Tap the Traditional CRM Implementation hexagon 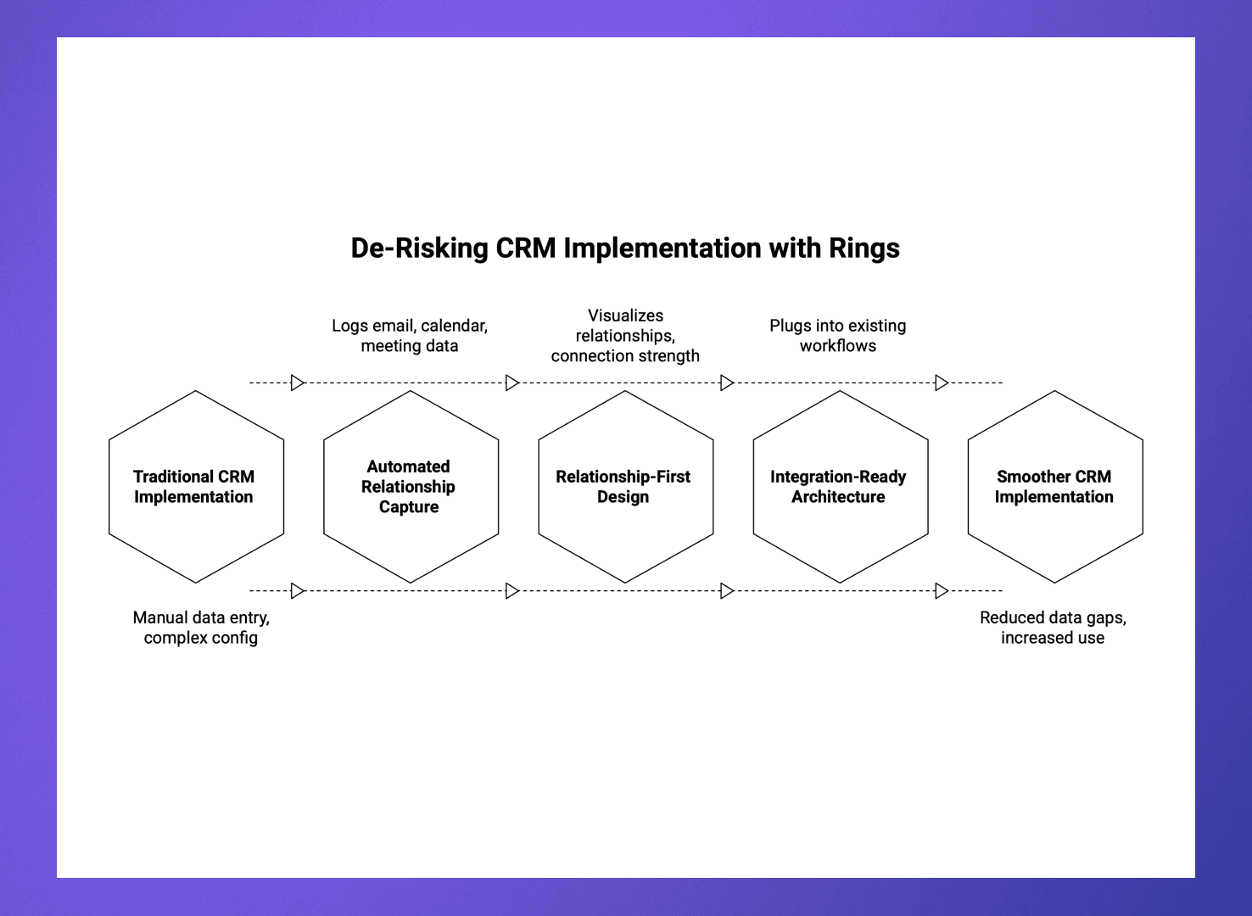tap(196, 487)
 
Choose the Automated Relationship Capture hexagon tap(411, 487)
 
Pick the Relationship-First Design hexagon tap(625, 487)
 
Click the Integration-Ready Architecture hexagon tap(840, 487)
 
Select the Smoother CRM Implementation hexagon tap(1054, 487)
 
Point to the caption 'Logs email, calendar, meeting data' tap(410, 336)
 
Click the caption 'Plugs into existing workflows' tap(837, 336)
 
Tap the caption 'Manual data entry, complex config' tap(201, 628)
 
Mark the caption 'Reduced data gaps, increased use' tap(1053, 628)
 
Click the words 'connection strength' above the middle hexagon tap(625, 356)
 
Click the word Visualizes tap(625, 316)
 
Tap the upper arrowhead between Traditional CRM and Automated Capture tap(297, 383)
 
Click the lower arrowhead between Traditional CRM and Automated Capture tap(297, 590)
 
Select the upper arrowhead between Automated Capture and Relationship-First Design tap(511, 383)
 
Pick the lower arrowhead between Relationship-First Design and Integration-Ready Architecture tap(726, 590)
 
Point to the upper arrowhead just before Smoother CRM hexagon tap(941, 383)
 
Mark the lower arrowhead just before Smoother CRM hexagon tap(941, 590)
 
